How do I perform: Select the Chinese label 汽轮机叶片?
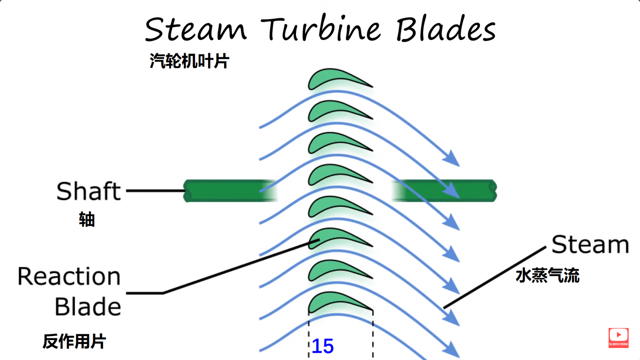[189, 61]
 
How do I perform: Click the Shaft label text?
[88, 192]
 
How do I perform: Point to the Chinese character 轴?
[87, 220]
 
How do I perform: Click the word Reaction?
[69, 276]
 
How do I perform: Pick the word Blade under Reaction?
[88, 307]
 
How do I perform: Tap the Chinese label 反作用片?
[74, 341]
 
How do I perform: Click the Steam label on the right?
[590, 245]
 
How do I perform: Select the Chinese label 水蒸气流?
[547, 276]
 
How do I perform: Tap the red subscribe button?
[618, 337]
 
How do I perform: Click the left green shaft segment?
[227, 191]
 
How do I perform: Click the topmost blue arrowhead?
[452, 159]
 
